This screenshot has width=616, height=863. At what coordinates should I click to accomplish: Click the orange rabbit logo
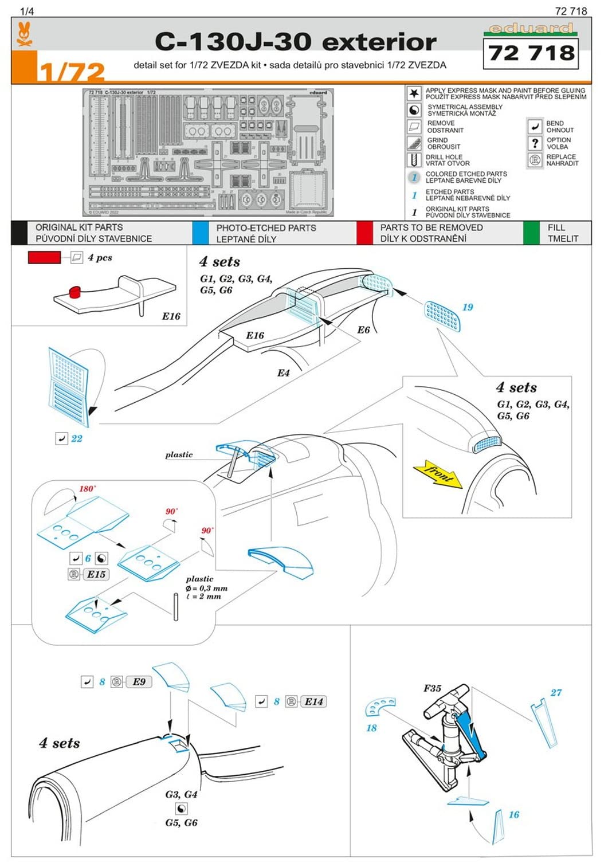point(24,34)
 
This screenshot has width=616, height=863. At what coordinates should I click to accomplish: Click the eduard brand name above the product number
point(530,29)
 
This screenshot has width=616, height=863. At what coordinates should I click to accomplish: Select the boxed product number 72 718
point(531,53)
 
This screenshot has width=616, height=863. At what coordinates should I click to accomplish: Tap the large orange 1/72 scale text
point(72,72)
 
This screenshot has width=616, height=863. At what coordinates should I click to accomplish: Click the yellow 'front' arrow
point(438,474)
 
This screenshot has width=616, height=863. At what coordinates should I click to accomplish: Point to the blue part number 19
point(468,307)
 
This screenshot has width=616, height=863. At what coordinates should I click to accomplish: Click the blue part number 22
point(77,438)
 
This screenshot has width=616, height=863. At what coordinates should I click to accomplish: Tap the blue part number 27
point(556,693)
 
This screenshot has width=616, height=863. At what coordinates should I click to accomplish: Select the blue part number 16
point(514,815)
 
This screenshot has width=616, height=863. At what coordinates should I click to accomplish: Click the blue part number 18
point(371,728)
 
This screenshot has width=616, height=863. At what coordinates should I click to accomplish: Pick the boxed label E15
point(96,574)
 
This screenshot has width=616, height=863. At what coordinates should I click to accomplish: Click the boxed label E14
point(313,701)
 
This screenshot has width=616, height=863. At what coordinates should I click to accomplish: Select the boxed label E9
point(139,682)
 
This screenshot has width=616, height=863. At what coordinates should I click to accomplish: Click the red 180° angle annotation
point(87,489)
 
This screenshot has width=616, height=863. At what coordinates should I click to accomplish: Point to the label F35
point(432,688)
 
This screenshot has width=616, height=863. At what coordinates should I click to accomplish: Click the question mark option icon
point(535,143)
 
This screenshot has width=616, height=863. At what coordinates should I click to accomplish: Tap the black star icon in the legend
point(414,93)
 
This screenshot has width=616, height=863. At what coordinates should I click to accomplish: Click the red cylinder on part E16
point(75,293)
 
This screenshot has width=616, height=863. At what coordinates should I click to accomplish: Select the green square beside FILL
point(531,233)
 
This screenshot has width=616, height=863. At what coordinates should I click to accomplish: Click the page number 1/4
point(27,11)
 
